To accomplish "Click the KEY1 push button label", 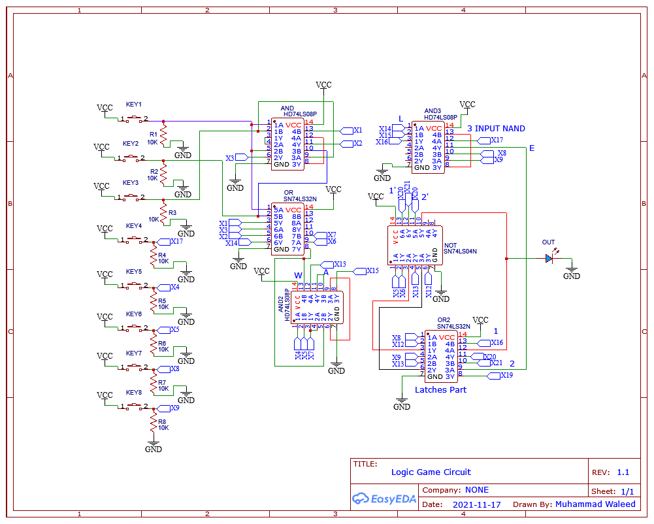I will tap(133, 105).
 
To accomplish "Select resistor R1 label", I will tap(154, 134).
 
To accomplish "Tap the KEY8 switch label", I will tap(133, 393).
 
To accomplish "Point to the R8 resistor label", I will tap(162, 422).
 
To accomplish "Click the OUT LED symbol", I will tap(549, 258).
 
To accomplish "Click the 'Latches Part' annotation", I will tap(440, 390).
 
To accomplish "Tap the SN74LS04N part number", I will tap(460, 251).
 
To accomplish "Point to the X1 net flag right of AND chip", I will tap(357, 130).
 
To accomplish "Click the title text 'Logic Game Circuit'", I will tap(431, 472).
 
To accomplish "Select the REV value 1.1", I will tap(623, 472).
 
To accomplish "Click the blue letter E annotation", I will tap(531, 148).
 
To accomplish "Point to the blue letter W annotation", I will tap(298, 275).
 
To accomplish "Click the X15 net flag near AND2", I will tap(372, 270).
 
